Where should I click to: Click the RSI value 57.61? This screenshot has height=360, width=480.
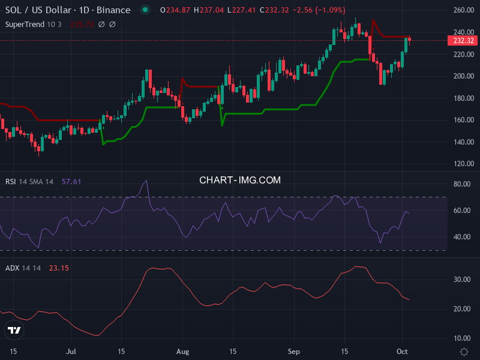(x=71, y=181)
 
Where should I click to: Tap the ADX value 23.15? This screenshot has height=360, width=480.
(x=59, y=268)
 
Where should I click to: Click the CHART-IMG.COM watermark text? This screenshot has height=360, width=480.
(x=240, y=180)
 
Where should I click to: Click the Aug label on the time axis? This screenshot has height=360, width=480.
(x=183, y=351)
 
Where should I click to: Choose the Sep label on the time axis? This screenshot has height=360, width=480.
(x=293, y=351)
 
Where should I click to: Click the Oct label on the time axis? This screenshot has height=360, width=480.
(x=403, y=351)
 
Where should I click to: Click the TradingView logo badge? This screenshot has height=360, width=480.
(x=14, y=329)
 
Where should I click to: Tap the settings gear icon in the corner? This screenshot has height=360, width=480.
(x=464, y=351)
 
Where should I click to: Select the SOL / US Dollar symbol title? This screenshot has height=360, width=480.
(x=68, y=10)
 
